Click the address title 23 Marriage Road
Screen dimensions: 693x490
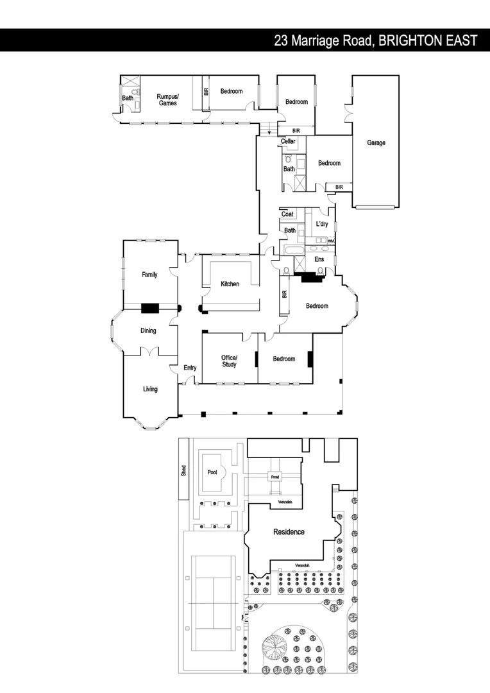375,40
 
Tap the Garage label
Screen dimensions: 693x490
376,143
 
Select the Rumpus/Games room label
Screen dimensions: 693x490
168,99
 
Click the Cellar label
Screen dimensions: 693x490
288,141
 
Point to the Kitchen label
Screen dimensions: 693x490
230,284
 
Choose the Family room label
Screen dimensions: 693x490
149,275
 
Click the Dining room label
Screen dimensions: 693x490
148,331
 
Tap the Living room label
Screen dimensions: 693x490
150,389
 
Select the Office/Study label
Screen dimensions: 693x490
229,361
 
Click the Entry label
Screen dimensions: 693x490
190,368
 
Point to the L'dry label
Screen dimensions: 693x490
322,224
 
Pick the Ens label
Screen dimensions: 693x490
319,259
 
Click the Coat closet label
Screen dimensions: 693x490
287,214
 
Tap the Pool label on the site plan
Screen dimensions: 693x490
212,472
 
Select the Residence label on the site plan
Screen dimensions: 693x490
289,532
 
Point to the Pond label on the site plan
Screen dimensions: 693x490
275,477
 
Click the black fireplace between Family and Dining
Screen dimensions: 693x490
150,308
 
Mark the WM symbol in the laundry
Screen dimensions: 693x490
331,241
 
